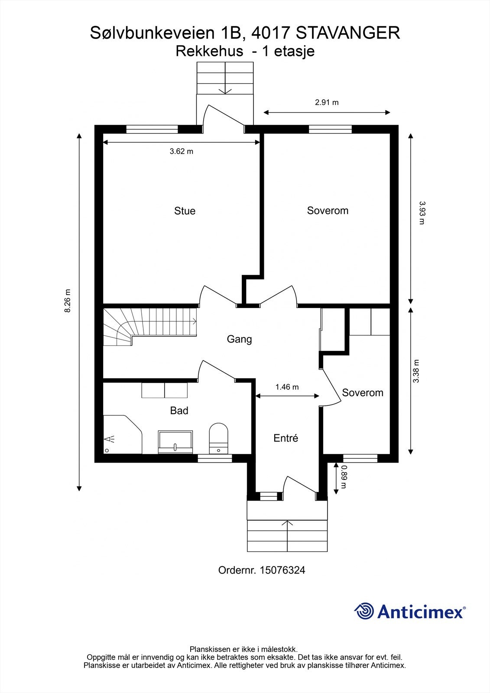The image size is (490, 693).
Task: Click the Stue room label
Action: pos(185,211)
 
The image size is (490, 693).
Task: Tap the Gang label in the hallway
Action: pos(239,340)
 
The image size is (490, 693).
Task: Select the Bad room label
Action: pos(179,411)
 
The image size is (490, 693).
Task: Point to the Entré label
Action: pos(286,438)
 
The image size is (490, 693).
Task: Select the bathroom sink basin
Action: pos(175,442)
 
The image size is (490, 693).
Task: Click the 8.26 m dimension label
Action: pos(68,301)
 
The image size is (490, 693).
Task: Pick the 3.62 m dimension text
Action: pos(182,151)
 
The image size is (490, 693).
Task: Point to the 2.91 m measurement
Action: pos(327,102)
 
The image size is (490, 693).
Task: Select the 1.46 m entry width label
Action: pos(287,387)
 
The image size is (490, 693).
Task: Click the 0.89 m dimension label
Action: pos(343,477)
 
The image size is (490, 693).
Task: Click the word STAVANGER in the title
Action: pos(348,33)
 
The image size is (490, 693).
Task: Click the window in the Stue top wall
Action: pos(152,130)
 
